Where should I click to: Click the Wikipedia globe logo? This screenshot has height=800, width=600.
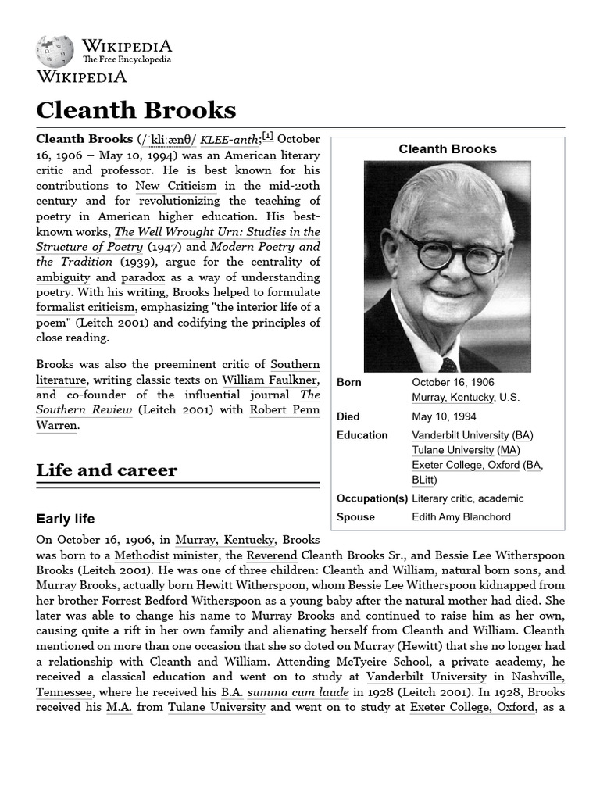pos(55,51)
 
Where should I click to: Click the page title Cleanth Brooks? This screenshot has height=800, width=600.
pos(136,109)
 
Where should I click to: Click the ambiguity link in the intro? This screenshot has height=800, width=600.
pos(63,277)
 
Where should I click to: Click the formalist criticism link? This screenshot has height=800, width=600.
pos(85,307)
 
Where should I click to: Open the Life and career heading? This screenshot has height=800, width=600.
pos(106,470)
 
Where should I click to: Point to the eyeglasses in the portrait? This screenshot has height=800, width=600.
pos(451,252)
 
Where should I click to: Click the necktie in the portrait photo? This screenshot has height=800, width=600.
pos(448,364)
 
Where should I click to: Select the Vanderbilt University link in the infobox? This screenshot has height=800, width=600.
pos(460,435)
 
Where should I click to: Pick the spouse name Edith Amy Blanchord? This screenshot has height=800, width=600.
pos(461,517)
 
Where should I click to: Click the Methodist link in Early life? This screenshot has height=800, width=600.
pos(141,555)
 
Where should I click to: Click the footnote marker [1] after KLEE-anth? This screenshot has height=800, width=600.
pos(268,137)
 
